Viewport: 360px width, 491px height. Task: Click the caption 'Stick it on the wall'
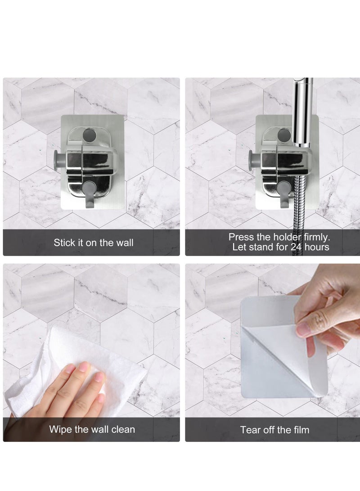pos(94,243)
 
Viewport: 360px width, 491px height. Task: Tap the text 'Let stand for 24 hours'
pos(281,247)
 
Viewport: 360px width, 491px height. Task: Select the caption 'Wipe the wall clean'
pos(92,429)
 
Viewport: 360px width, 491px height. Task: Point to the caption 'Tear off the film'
pos(274,430)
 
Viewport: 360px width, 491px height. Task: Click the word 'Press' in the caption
pos(241,237)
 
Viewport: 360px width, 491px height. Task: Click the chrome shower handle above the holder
pos(301,113)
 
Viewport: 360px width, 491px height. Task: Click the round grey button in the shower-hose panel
pos(283,135)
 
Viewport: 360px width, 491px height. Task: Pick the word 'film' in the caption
pos(301,430)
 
